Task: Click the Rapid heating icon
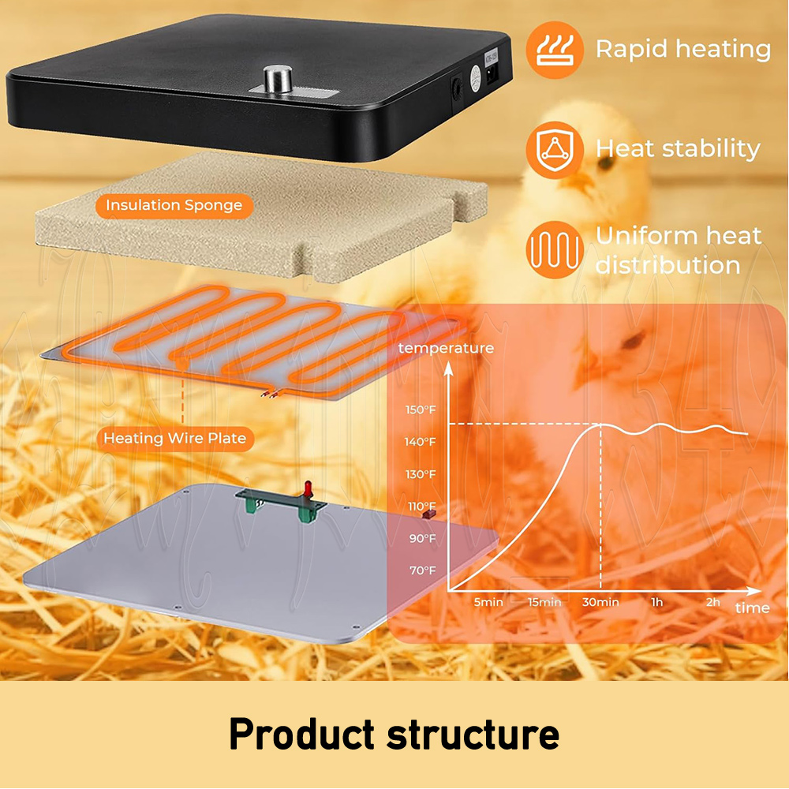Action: (555, 49)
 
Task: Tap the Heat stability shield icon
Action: (555, 148)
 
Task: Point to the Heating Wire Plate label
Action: (175, 438)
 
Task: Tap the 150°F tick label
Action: (421, 409)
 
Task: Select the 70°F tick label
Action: (421, 570)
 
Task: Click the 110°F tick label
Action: (421, 507)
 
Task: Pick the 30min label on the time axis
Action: (600, 602)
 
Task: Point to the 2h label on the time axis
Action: (713, 602)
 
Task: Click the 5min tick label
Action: (488, 602)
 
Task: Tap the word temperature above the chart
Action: (446, 348)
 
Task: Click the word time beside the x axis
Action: (752, 608)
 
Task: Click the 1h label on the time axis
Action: (656, 602)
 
